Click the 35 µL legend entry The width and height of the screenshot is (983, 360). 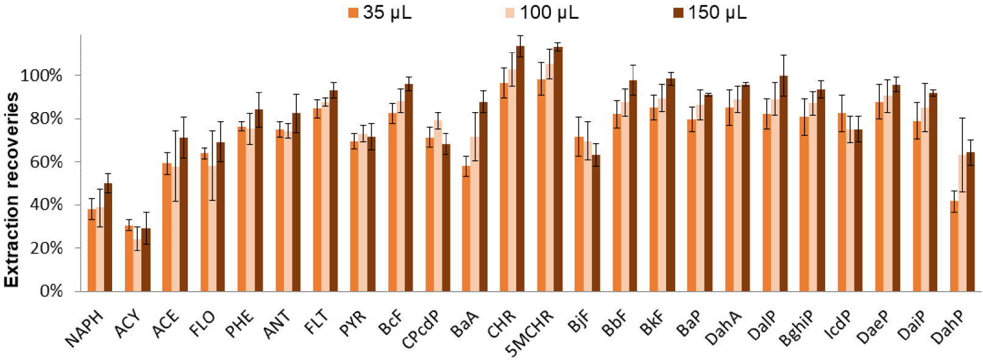coord(380,13)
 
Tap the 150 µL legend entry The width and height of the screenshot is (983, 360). coord(709,13)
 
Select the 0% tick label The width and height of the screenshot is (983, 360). coord(49,291)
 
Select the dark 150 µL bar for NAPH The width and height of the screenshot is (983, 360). coord(108,237)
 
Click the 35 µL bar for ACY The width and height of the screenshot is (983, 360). coord(129,258)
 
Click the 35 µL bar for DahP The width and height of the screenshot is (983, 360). coord(954,246)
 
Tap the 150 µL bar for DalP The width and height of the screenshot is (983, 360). coord(783,183)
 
